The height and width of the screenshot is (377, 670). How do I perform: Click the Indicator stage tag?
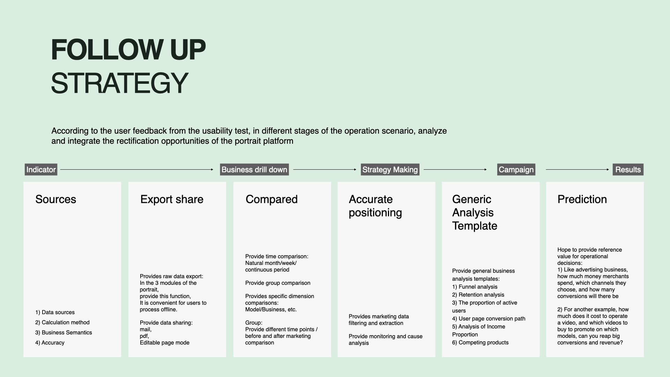coord(41,170)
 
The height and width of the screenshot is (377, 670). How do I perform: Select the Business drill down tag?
coord(254,170)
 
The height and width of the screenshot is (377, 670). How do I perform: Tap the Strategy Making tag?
coord(390,170)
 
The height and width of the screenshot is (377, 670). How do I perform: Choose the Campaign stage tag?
coord(516,170)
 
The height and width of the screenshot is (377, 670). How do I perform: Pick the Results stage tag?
coord(628,170)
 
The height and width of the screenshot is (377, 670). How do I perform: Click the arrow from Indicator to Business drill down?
coord(137,170)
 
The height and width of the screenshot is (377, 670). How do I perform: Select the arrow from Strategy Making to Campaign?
coord(455,170)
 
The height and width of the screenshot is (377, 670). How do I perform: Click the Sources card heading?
coord(56,199)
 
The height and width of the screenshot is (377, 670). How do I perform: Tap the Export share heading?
coord(172,199)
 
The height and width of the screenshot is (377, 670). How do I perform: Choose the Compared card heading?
coord(271,199)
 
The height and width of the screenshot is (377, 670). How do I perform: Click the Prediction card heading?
coord(582,199)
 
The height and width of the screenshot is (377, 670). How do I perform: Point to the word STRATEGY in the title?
coord(120,83)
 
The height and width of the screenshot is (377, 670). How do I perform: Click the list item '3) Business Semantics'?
coord(64,333)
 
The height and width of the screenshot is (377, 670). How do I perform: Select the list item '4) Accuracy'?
coord(50,343)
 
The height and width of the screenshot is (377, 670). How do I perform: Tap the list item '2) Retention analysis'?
coord(478,295)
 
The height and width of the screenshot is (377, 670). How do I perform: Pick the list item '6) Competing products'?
coord(480,343)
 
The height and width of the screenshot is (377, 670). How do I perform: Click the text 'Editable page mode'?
coord(165,343)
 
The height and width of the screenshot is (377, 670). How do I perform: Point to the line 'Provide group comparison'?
coord(278,283)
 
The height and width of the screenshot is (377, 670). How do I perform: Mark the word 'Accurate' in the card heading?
coord(371,199)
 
